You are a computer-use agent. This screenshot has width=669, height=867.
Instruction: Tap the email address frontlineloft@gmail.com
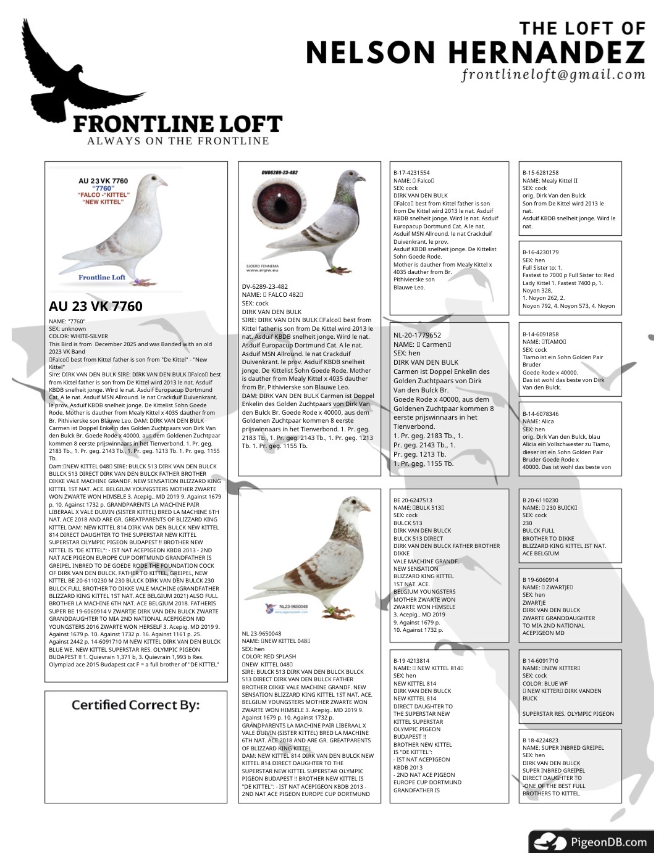pyautogui.click(x=553, y=75)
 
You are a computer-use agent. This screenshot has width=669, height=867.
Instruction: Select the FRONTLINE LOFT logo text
pyautogui.click(x=177, y=124)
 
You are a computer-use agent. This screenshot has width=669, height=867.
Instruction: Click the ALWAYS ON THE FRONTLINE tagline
pyautogui.click(x=178, y=141)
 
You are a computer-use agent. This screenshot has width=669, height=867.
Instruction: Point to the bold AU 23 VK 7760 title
pyautogui.click(x=96, y=306)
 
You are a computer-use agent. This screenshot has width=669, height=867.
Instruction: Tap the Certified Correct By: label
pyautogui.click(x=135, y=705)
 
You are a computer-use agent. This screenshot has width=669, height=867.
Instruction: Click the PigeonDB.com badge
pyautogui.click(x=591, y=842)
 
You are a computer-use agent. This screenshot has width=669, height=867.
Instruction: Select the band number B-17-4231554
pyautogui.click(x=411, y=173)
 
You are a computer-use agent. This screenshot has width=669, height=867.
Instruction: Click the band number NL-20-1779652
pyautogui.click(x=418, y=335)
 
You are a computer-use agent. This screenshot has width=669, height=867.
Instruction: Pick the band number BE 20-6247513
pyautogui.click(x=413, y=500)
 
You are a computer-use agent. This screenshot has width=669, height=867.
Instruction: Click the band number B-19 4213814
pyautogui.click(x=411, y=661)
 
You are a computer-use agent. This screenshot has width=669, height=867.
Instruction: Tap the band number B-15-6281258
pyautogui.click(x=541, y=173)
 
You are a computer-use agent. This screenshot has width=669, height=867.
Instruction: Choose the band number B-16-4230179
pyautogui.click(x=541, y=252)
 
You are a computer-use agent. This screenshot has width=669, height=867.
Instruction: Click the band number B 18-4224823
pyautogui.click(x=541, y=740)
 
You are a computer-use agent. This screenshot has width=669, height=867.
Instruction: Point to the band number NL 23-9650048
pyautogui.click(x=261, y=634)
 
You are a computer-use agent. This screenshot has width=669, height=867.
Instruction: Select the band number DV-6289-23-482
pyautogui.click(x=265, y=286)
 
